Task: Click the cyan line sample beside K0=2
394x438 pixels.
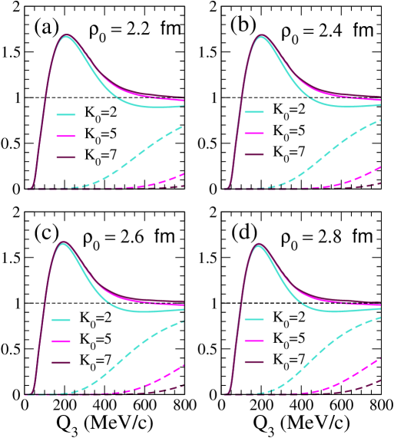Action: [65, 114]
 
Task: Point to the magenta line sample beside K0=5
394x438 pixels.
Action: [65, 137]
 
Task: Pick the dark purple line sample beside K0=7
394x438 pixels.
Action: [65, 158]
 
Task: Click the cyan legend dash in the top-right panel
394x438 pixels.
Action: [254, 112]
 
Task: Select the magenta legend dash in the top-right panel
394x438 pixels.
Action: [254, 133]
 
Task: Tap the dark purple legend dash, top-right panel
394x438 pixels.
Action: [254, 155]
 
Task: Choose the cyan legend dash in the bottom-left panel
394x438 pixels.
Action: [61, 320]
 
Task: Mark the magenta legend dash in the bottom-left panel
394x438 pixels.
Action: [61, 341]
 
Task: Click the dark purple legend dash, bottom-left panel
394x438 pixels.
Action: [61, 362]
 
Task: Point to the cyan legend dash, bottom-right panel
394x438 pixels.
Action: [254, 320]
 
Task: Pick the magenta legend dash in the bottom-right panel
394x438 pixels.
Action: [254, 341]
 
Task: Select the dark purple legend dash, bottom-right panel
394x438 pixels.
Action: [254, 362]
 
